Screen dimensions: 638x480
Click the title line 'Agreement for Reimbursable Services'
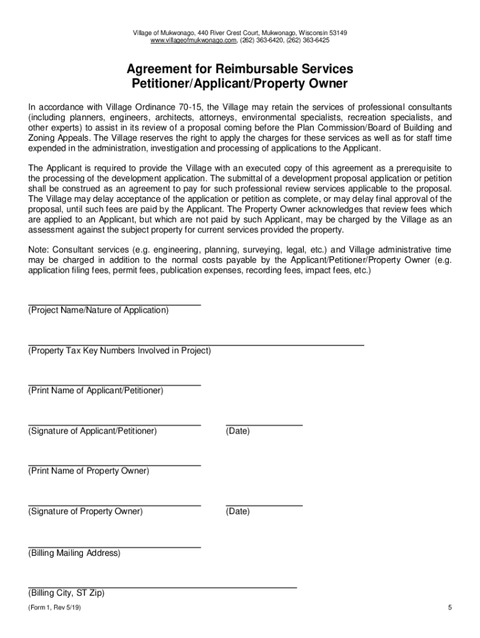pos(240,69)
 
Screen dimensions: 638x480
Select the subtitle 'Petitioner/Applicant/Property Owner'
pos(240,83)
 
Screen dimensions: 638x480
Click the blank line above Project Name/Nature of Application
pos(114,303)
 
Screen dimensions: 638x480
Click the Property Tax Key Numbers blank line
pos(196,343)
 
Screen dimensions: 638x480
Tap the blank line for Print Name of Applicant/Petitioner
pos(114,384)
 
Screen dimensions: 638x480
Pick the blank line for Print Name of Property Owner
pos(114,464)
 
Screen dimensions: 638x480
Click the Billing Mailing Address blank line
pos(114,546)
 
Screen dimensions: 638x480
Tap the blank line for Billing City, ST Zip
pos(162,586)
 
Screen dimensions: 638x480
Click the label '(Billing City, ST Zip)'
pos(66,594)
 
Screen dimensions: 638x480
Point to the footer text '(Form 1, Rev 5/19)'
pos(54,609)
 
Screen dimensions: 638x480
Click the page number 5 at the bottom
pos(449,609)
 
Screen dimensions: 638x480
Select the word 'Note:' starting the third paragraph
pos(39,250)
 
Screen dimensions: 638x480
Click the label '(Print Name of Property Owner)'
pos(89,471)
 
